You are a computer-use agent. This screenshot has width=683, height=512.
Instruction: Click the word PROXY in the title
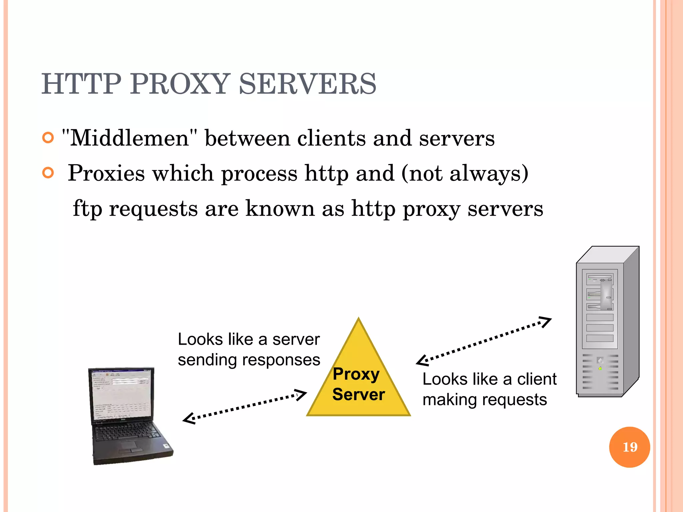180,84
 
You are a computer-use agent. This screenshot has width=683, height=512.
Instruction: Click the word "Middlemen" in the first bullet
129,138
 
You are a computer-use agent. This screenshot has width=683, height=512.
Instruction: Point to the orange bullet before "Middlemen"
48,137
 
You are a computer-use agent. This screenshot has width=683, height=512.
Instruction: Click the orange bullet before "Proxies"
48,173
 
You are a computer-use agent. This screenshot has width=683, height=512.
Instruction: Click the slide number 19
629,447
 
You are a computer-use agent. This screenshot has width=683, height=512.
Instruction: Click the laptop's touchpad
129,446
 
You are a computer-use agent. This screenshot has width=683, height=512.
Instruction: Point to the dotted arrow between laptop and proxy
245,406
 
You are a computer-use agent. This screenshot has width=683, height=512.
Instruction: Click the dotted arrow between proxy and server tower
484,341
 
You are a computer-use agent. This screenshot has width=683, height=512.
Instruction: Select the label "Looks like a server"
248,340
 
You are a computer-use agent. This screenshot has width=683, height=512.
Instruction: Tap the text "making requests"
485,400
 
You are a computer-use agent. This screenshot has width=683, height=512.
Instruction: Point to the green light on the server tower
600,368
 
